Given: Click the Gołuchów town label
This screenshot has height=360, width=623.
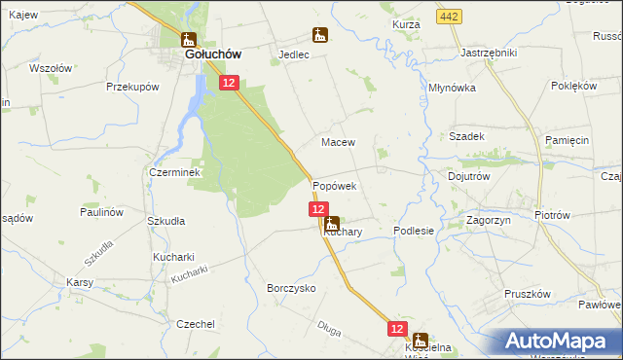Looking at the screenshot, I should [x=207, y=56].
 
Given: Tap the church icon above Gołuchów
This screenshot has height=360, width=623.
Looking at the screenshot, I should [x=188, y=40].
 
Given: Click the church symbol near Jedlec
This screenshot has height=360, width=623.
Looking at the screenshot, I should [x=319, y=36].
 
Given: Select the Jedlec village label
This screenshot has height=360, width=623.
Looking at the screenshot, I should [x=293, y=55].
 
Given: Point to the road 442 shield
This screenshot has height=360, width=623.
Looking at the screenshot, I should [x=449, y=18].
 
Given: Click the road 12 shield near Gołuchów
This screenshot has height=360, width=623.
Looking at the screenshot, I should [x=228, y=84].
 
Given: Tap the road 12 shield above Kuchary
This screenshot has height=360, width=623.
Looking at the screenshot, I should [x=318, y=209].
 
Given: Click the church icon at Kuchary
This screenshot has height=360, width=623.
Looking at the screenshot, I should [x=333, y=223].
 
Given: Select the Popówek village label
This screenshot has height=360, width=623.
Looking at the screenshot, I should [x=335, y=185].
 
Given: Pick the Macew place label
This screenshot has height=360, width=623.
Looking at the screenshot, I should [x=338, y=142].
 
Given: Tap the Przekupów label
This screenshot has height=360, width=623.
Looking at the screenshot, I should [x=132, y=87].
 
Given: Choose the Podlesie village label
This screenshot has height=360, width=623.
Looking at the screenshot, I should [x=413, y=231].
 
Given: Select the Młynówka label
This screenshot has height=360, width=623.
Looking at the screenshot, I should [x=452, y=88].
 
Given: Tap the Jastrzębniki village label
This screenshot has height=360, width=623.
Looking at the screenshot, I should [x=488, y=53].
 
